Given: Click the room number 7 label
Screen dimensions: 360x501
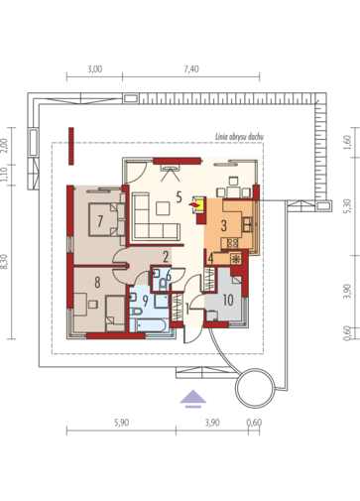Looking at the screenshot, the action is (x=100, y=221).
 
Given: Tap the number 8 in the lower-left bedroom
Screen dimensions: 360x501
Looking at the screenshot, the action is (x=97, y=283).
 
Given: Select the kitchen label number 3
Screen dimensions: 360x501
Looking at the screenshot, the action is (x=224, y=226).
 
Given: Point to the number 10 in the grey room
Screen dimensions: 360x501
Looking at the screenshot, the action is (x=228, y=300).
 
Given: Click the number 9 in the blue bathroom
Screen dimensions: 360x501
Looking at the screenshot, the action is (x=145, y=301).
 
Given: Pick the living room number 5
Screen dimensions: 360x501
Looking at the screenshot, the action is (x=179, y=197).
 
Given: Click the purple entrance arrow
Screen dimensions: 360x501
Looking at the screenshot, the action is (x=193, y=399).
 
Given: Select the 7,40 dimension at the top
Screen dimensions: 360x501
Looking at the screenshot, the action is (x=191, y=69).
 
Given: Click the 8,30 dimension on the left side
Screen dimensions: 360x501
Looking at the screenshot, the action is (x=4, y=261).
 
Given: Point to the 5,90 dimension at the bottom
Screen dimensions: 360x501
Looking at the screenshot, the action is (x=121, y=423).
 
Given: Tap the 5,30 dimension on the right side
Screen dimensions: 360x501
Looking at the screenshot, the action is (x=347, y=205).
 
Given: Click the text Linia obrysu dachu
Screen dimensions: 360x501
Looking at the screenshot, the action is (x=239, y=137).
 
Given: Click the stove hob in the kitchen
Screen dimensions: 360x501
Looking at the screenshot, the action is (x=232, y=243).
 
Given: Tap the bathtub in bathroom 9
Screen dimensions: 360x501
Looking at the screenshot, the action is (x=149, y=325).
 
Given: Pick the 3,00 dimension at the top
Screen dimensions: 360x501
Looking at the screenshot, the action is (x=94, y=69).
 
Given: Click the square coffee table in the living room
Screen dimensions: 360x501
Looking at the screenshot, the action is (x=163, y=208).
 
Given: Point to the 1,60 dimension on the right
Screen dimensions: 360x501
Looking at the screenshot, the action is (x=347, y=142).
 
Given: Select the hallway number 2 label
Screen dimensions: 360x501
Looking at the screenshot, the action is (x=166, y=257).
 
